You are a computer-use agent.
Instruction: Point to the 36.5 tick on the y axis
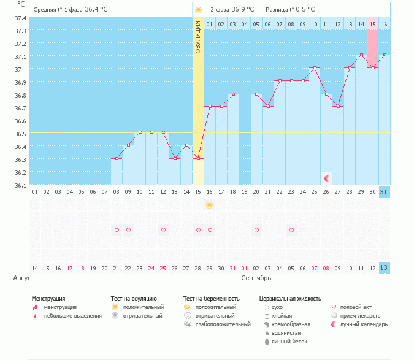(x=20, y=134)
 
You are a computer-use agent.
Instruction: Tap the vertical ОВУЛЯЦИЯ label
(x=197, y=36)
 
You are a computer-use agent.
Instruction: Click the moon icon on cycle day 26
(x=327, y=178)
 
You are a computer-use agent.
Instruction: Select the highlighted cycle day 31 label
(x=384, y=192)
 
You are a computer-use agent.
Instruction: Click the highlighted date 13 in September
(x=384, y=268)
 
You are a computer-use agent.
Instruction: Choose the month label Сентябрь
(x=256, y=278)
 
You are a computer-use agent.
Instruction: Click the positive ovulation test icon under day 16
(x=210, y=205)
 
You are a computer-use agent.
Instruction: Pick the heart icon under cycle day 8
(x=117, y=230)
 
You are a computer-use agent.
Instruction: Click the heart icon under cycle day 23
(x=292, y=230)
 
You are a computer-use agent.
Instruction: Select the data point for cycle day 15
(x=197, y=158)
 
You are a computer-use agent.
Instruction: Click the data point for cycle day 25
(x=315, y=68)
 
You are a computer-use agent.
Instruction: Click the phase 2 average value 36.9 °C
(x=243, y=10)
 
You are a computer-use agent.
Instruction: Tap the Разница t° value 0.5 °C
(x=303, y=10)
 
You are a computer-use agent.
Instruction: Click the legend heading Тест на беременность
(x=211, y=299)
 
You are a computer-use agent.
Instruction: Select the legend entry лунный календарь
(x=364, y=324)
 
